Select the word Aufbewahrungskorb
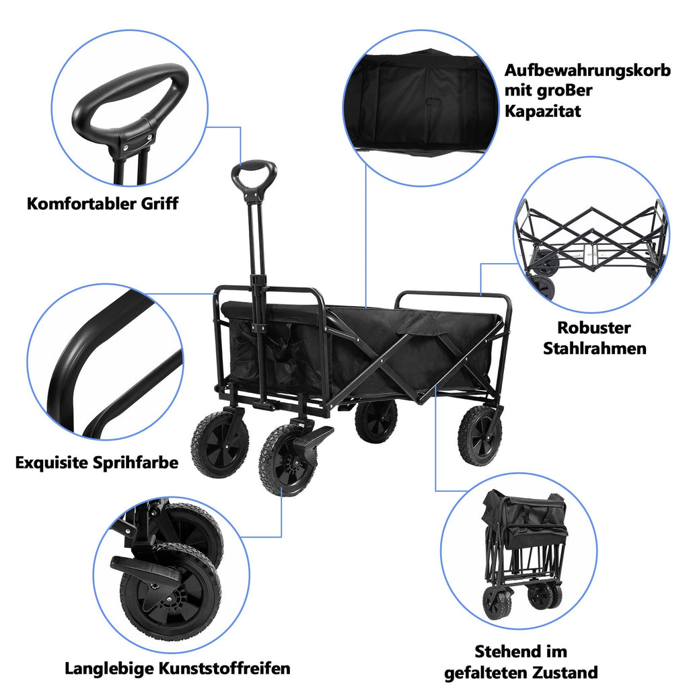(x=587, y=71)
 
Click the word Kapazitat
(x=543, y=111)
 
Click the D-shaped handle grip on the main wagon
(x=254, y=175)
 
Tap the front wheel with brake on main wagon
(x=288, y=459)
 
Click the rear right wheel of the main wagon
(x=480, y=435)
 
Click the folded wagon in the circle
(x=521, y=552)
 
